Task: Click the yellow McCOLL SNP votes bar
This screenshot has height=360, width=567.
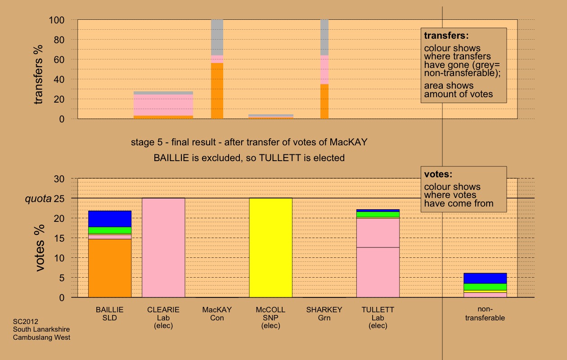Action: coord(270,247)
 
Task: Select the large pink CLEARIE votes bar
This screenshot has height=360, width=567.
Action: coord(163,247)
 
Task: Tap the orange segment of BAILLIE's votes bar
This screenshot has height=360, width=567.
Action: coord(110,268)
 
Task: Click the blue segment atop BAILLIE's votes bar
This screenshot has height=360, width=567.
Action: coord(110,219)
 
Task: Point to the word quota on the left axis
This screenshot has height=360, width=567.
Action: coord(37,198)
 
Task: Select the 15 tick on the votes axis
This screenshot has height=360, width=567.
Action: coord(62,238)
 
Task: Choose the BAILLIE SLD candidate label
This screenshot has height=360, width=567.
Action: coord(110,314)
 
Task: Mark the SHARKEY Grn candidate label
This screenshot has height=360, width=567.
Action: coord(324,314)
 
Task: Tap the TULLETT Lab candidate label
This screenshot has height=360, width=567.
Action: coord(378,314)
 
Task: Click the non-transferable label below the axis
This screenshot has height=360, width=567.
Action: coord(485,314)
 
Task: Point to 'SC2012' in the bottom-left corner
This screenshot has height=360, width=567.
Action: coord(26,322)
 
